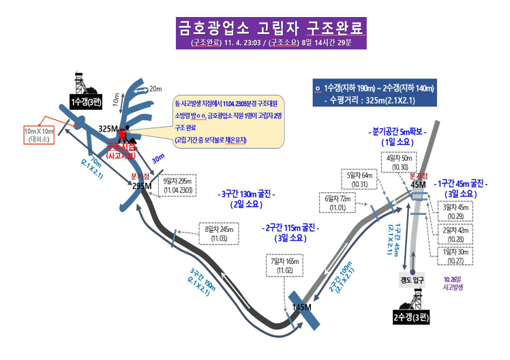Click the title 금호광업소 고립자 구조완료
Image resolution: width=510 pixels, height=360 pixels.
tap(269, 29)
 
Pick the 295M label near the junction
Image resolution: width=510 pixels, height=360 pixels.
tap(142, 185)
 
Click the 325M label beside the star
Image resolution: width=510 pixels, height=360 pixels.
tap(108, 129)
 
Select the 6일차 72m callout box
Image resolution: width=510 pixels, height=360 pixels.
tap(339, 202)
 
